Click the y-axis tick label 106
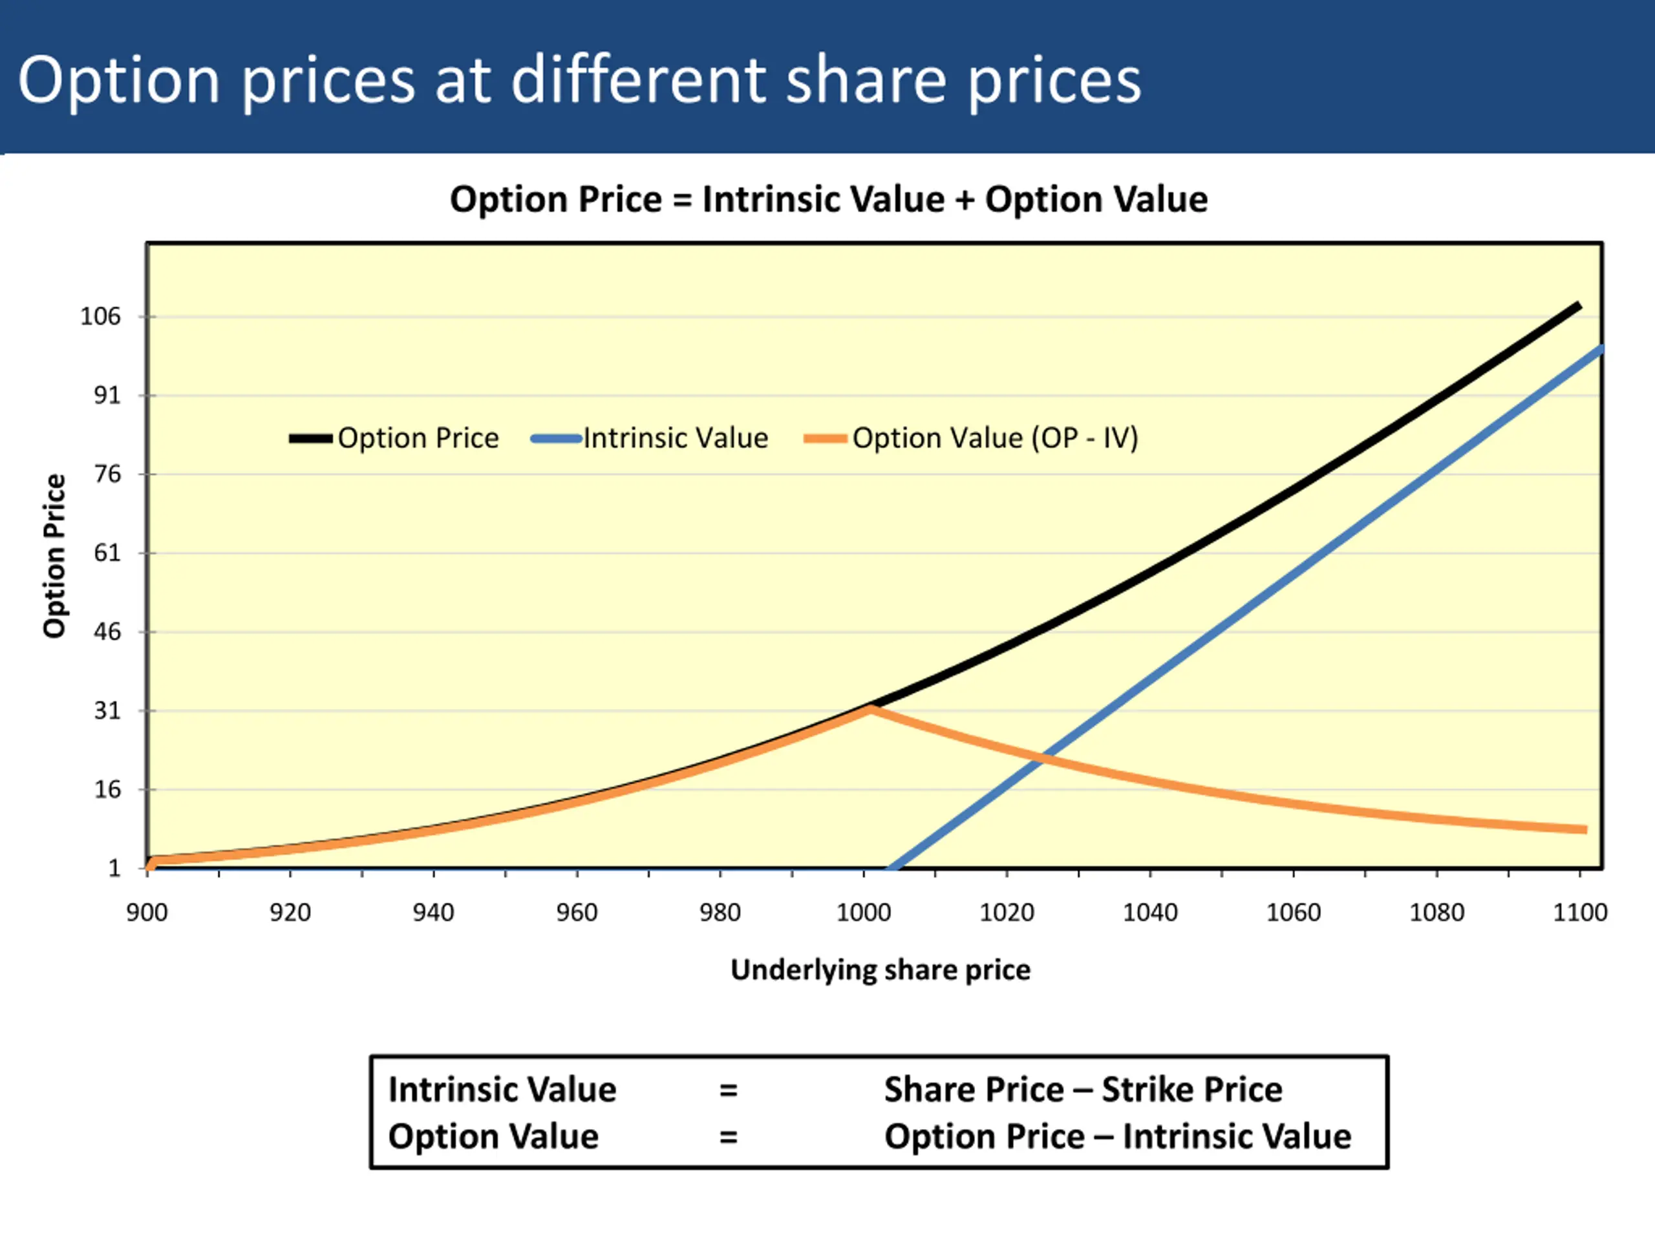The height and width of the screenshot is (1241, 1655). [x=100, y=317]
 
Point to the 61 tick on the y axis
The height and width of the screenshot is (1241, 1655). [x=107, y=553]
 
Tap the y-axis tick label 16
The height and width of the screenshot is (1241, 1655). [x=107, y=789]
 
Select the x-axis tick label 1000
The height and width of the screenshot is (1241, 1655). [x=864, y=913]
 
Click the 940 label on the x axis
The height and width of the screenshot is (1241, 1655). [x=433, y=913]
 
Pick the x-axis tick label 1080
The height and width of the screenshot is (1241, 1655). [x=1436, y=913]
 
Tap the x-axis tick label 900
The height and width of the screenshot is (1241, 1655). [x=147, y=913]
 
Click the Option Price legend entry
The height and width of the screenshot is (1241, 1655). [x=394, y=438]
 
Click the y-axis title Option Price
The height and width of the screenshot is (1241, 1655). [x=54, y=556]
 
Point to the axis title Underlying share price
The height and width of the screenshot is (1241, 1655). [x=880, y=970]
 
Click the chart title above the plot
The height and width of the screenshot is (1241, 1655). [x=828, y=200]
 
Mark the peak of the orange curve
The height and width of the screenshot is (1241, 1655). [x=870, y=708]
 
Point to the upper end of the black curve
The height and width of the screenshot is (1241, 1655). [x=1579, y=305]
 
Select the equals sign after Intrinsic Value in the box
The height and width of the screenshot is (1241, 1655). [x=728, y=1090]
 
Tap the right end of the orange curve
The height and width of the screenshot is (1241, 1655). [x=1585, y=829]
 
